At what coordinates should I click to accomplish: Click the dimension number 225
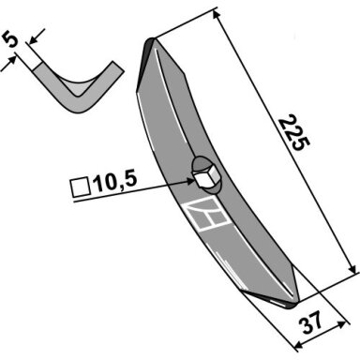[294, 133]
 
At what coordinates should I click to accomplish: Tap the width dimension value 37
[310, 322]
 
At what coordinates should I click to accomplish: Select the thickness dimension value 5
[10, 40]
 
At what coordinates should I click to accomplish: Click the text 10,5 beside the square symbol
[116, 183]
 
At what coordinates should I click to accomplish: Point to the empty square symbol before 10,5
[81, 187]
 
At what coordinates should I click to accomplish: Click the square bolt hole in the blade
[203, 178]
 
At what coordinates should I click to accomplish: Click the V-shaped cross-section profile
[78, 87]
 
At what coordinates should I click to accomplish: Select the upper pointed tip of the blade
[150, 39]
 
